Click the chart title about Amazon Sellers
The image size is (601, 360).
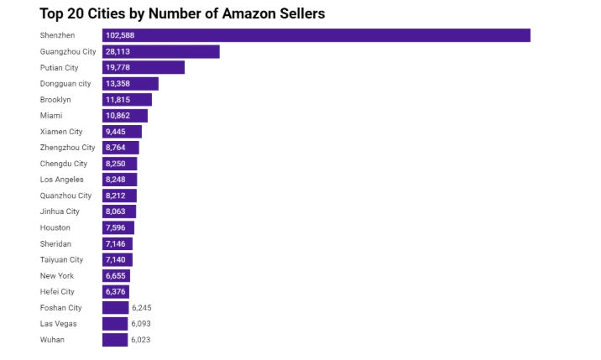[x=182, y=13]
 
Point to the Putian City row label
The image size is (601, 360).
[x=59, y=68]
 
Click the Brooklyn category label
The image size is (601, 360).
[x=55, y=100]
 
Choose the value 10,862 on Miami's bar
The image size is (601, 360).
[x=118, y=116]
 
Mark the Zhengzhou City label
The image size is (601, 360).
[x=67, y=148]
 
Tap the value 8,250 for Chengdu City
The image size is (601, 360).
[x=116, y=164]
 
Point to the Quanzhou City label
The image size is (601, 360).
[x=66, y=196]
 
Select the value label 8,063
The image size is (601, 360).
[x=116, y=211]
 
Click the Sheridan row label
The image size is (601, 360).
[x=55, y=243]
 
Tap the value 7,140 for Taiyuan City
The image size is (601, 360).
[x=116, y=260]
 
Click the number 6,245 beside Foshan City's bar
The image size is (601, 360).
[x=141, y=308]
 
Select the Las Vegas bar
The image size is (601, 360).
[x=115, y=324]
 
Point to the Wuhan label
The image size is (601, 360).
[x=52, y=340]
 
